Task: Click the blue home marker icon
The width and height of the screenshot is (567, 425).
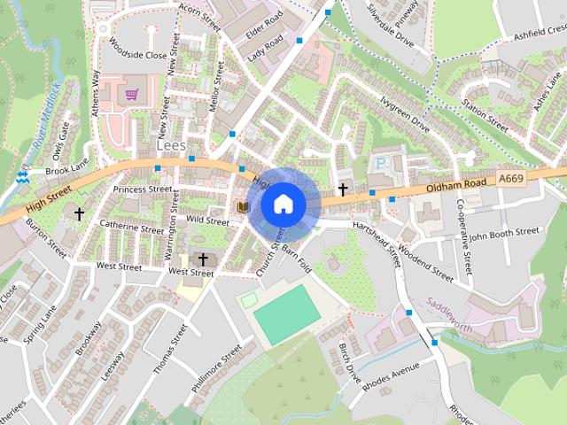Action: (283, 205)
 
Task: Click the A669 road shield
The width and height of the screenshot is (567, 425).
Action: (510, 179)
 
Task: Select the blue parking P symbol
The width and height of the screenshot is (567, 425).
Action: (382, 163)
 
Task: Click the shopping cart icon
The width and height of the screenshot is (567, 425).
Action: (132, 94)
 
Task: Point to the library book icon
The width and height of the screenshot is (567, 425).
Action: (243, 206)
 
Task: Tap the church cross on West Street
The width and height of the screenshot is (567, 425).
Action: (203, 259)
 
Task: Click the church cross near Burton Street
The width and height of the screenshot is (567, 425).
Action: (80, 213)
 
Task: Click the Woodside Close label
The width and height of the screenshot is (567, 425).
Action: (134, 54)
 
